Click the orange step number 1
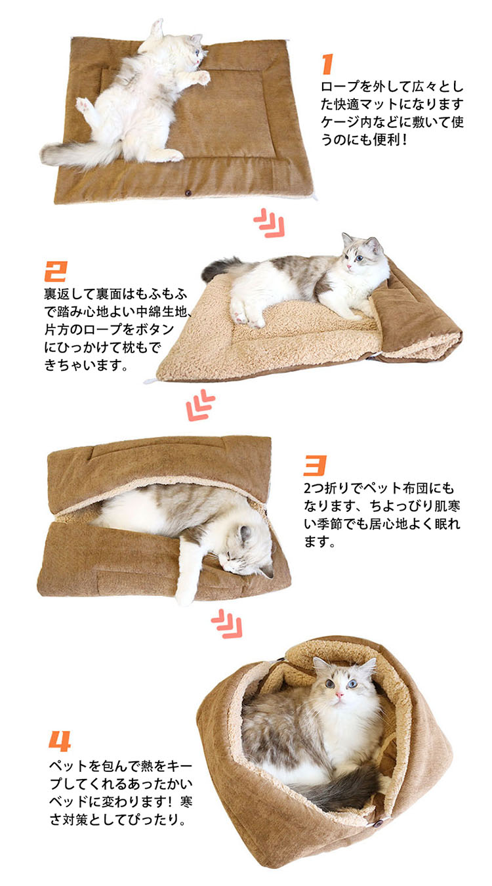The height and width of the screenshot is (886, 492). coord(327,64)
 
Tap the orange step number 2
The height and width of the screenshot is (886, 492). coord(55,271)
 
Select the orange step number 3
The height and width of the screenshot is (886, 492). coord(316,465)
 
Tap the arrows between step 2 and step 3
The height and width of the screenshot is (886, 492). coord(200,405)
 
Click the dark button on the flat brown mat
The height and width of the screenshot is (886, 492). coord(188,193)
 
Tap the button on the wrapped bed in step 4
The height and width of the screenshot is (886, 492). coord(379,824)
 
